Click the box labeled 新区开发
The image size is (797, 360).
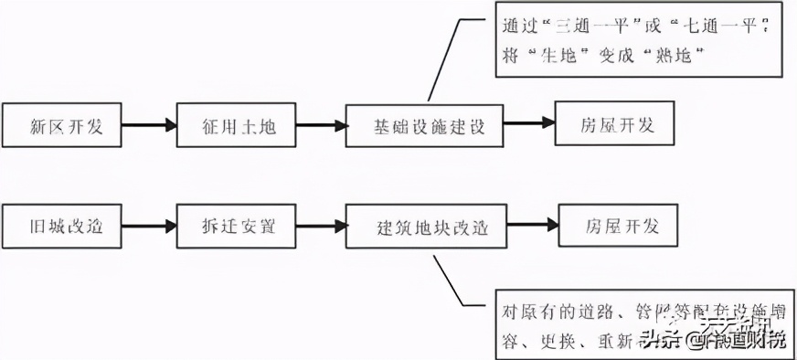63,125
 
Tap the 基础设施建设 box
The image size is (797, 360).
426,125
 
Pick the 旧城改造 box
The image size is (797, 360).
63,226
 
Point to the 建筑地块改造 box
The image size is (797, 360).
426,226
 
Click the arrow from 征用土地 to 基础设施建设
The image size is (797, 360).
324,125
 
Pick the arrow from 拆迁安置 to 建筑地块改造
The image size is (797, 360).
324,226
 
